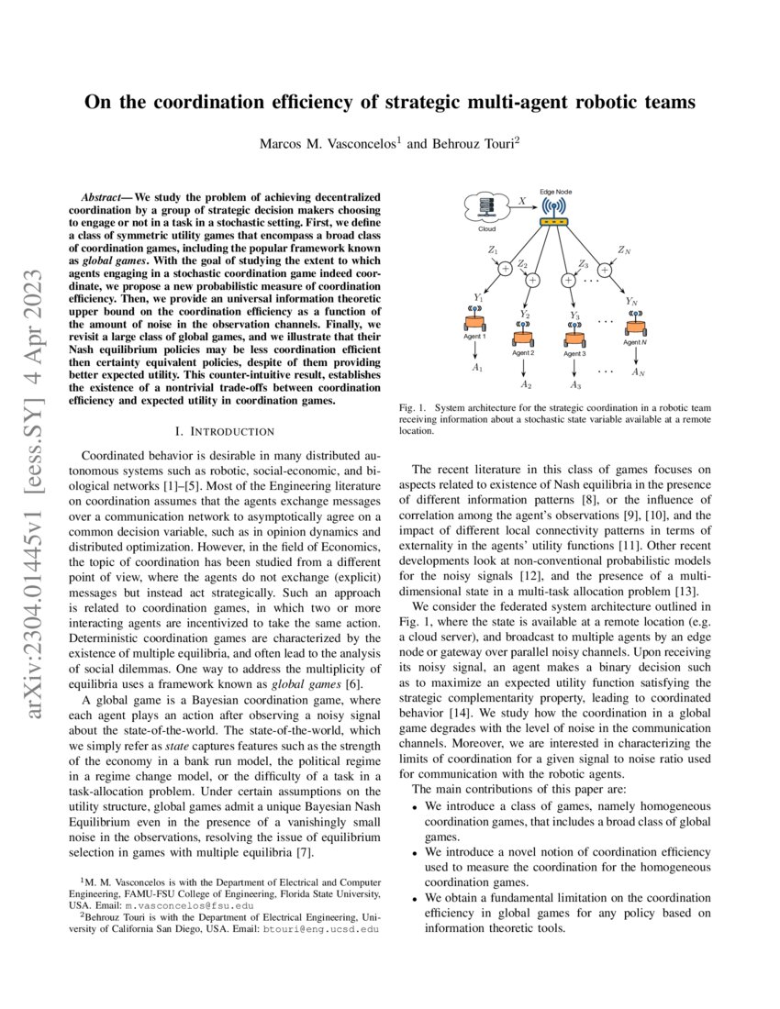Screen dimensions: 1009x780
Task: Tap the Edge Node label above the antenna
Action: [x=555, y=191]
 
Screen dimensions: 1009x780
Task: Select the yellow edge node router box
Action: [x=554, y=223]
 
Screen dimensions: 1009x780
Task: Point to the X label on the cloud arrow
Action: [x=522, y=199]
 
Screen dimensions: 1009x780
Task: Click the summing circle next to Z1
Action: [x=504, y=269]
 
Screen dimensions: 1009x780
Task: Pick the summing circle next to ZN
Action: [x=605, y=269]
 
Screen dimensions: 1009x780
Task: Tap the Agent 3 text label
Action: [x=574, y=354]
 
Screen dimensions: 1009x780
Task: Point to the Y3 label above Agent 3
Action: [x=574, y=315]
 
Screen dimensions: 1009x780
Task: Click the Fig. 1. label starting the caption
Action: [x=412, y=406]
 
